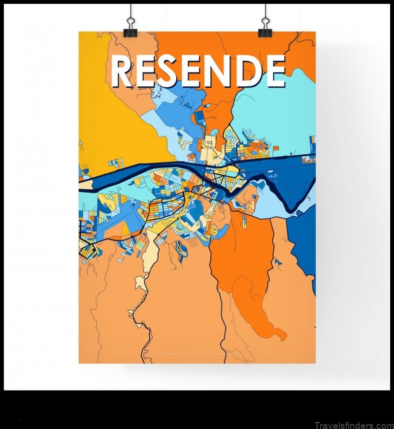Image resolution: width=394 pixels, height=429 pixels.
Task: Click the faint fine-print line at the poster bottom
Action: coord(197,354)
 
